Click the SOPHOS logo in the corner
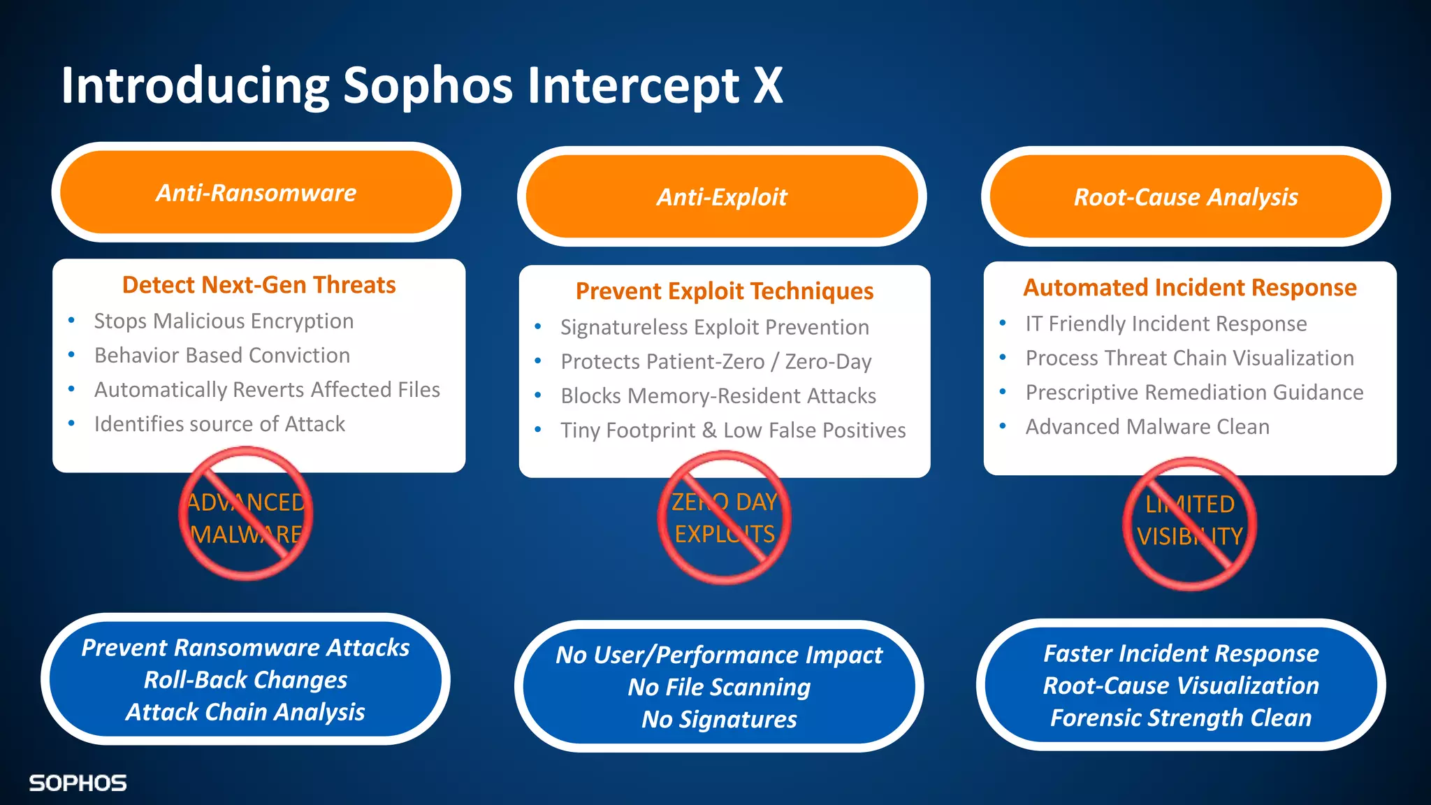[x=78, y=783]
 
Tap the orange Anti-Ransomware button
[x=256, y=192]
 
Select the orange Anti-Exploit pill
[x=722, y=197]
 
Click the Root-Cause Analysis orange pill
[x=1186, y=197]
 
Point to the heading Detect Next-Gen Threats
[x=259, y=285]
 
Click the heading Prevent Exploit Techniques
[x=725, y=291]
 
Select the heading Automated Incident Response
[x=1190, y=287]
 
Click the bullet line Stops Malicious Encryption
[x=224, y=321]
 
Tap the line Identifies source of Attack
[x=219, y=423]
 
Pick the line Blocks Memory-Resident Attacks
[x=718, y=396]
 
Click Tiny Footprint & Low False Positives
[x=733, y=430]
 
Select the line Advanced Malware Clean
[x=1147, y=426]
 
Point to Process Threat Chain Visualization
[x=1189, y=358]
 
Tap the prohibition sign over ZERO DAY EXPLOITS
[x=725, y=518]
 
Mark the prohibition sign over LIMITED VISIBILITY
[x=1189, y=523]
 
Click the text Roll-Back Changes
[x=245, y=680]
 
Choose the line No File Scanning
[x=719, y=687]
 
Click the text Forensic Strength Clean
[x=1181, y=718]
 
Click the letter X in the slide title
[x=768, y=86]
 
